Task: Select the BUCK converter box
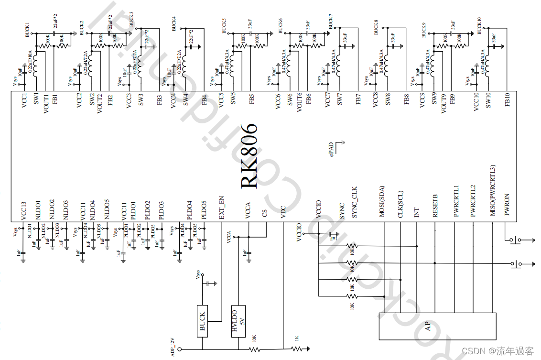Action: pyautogui.click(x=202, y=321)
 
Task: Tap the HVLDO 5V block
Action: pyautogui.click(x=238, y=321)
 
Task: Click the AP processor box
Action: pyautogui.click(x=428, y=326)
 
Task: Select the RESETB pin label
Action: pyautogui.click(x=435, y=207)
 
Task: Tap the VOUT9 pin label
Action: pyautogui.click(x=443, y=103)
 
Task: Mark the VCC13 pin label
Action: pyautogui.click(x=24, y=210)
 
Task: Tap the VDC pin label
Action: pyautogui.click(x=283, y=212)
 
